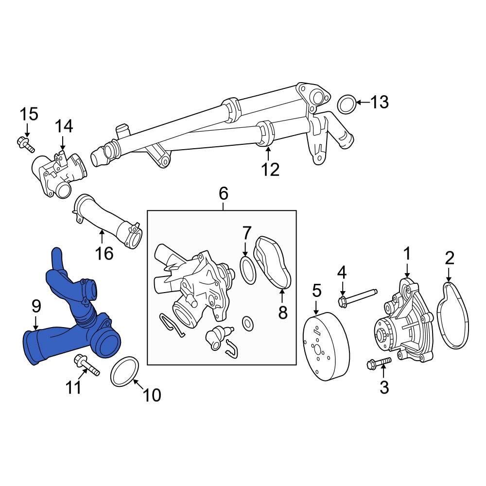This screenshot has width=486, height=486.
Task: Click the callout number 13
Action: pos(380,103)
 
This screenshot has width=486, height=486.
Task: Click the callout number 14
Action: pos(64,126)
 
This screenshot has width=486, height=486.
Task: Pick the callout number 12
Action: pos(270,170)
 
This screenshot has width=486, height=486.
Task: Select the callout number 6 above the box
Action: pos(223,193)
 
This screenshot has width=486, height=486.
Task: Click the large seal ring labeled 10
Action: pos(124,372)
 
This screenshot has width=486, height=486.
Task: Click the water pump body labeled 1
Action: pos(403,323)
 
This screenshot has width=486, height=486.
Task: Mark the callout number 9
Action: pos(36,306)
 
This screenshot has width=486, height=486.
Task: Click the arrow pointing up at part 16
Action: pos(102,237)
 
